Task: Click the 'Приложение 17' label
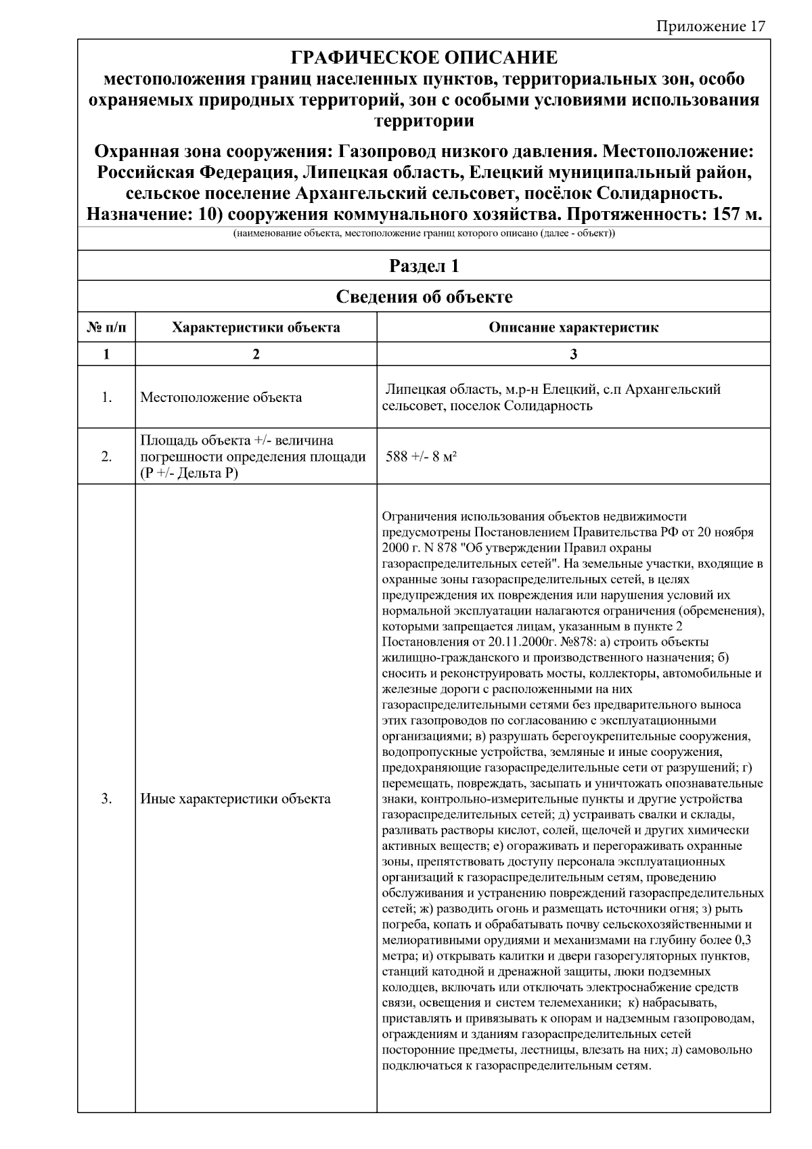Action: point(710,26)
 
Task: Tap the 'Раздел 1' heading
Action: point(424,266)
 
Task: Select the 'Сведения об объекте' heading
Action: point(424,297)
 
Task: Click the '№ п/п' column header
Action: point(107,328)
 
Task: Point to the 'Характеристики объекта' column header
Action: point(256,328)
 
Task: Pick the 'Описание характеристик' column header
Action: point(573,328)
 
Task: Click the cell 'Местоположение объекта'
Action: point(221,397)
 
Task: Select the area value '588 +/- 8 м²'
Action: point(421,457)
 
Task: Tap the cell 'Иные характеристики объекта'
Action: point(235,798)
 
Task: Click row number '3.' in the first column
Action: point(107,798)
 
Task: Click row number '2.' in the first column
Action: point(107,457)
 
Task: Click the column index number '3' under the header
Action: point(573,354)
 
